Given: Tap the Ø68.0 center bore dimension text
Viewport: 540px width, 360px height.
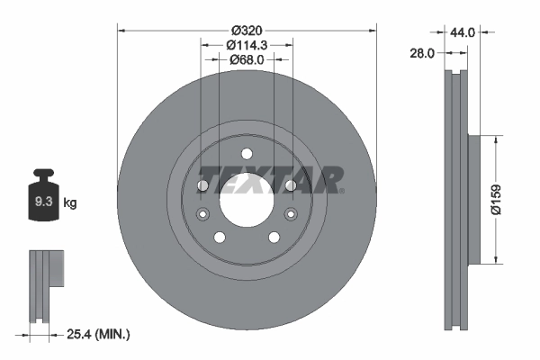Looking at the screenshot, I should (247, 59).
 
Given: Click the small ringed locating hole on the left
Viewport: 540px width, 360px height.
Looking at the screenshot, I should (202, 213).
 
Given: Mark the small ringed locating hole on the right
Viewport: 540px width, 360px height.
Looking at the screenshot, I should (291, 213).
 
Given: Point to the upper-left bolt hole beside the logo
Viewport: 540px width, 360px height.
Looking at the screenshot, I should (202, 185).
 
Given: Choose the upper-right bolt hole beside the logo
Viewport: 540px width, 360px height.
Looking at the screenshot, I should (290, 185).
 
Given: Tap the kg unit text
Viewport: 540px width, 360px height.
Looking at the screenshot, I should (70, 203).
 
